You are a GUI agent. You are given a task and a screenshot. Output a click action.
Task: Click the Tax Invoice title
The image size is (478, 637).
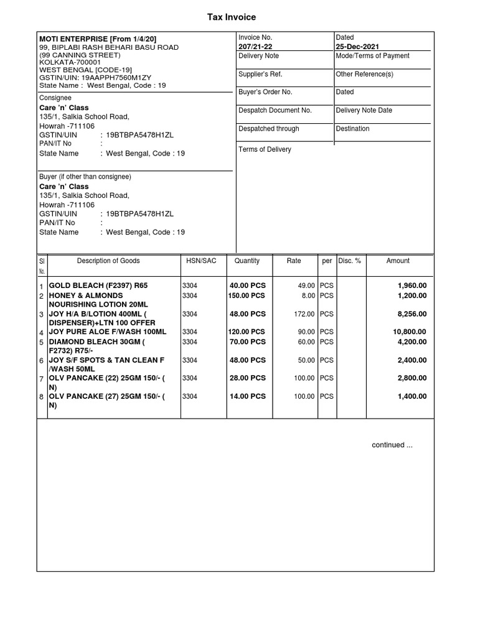[232, 17]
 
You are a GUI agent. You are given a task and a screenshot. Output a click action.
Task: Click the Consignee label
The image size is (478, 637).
[55, 98]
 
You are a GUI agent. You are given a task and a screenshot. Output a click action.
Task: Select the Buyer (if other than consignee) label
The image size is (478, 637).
[85, 177]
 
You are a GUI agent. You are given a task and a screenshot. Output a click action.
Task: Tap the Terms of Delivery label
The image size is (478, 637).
[265, 149]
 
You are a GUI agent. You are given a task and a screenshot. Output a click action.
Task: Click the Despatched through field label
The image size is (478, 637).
[268, 129]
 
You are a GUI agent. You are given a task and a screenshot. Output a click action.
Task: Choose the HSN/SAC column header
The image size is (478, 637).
[201, 261]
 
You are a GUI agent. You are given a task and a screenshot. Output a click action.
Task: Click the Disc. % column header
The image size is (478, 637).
[349, 261]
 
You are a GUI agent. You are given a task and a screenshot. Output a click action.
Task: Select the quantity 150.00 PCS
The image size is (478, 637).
[246, 295]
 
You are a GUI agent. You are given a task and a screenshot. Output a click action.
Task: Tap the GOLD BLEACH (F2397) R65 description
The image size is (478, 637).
[103, 286]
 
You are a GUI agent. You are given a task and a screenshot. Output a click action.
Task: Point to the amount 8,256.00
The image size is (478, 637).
[412, 314]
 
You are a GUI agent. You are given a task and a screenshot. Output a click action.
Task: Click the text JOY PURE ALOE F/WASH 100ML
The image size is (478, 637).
[107, 332]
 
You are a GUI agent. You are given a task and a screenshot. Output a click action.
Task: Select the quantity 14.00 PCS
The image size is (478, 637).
[248, 396]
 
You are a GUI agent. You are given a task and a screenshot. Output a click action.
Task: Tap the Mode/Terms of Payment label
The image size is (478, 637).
[372, 56]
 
